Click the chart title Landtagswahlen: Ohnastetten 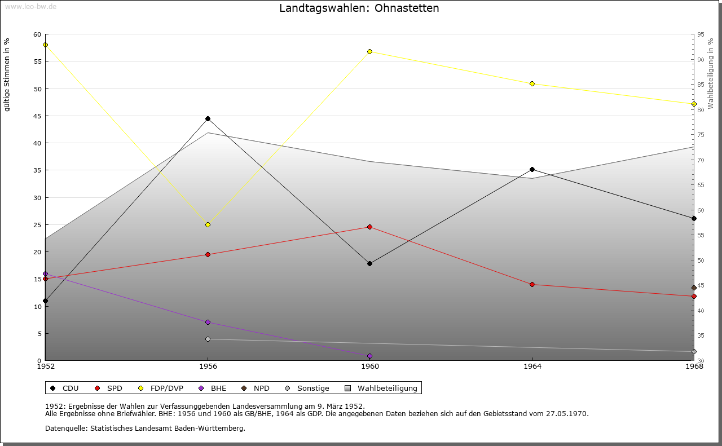(359, 8)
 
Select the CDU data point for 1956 (208, 119)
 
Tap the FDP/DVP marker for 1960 (370, 51)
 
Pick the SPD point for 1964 (532, 285)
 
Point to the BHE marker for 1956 (208, 323)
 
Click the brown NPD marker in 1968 (694, 288)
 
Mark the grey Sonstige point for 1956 (208, 339)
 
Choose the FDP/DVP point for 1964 (532, 84)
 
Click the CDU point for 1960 (370, 264)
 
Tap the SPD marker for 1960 (370, 227)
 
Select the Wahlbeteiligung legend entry (381, 388)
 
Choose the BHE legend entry (213, 388)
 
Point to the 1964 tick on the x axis (532, 366)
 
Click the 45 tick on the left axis (37, 116)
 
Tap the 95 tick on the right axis (701, 35)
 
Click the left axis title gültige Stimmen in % (7, 74)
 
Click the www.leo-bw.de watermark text (30, 6)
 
